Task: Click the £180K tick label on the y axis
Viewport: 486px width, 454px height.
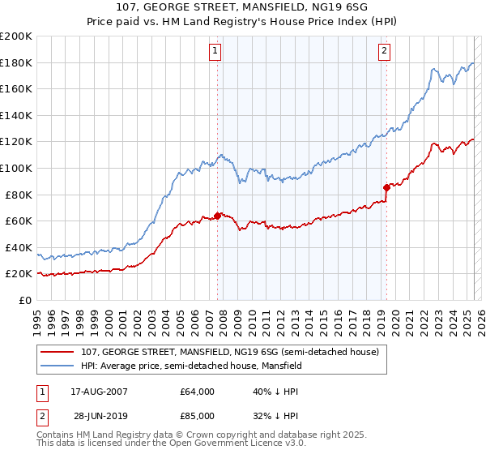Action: click(x=16, y=62)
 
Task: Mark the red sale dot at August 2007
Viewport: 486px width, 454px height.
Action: click(x=217, y=216)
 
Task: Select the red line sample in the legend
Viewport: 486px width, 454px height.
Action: click(x=58, y=352)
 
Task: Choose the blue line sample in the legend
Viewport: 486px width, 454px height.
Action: click(x=58, y=366)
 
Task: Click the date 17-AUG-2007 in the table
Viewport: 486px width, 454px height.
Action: click(x=92, y=391)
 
